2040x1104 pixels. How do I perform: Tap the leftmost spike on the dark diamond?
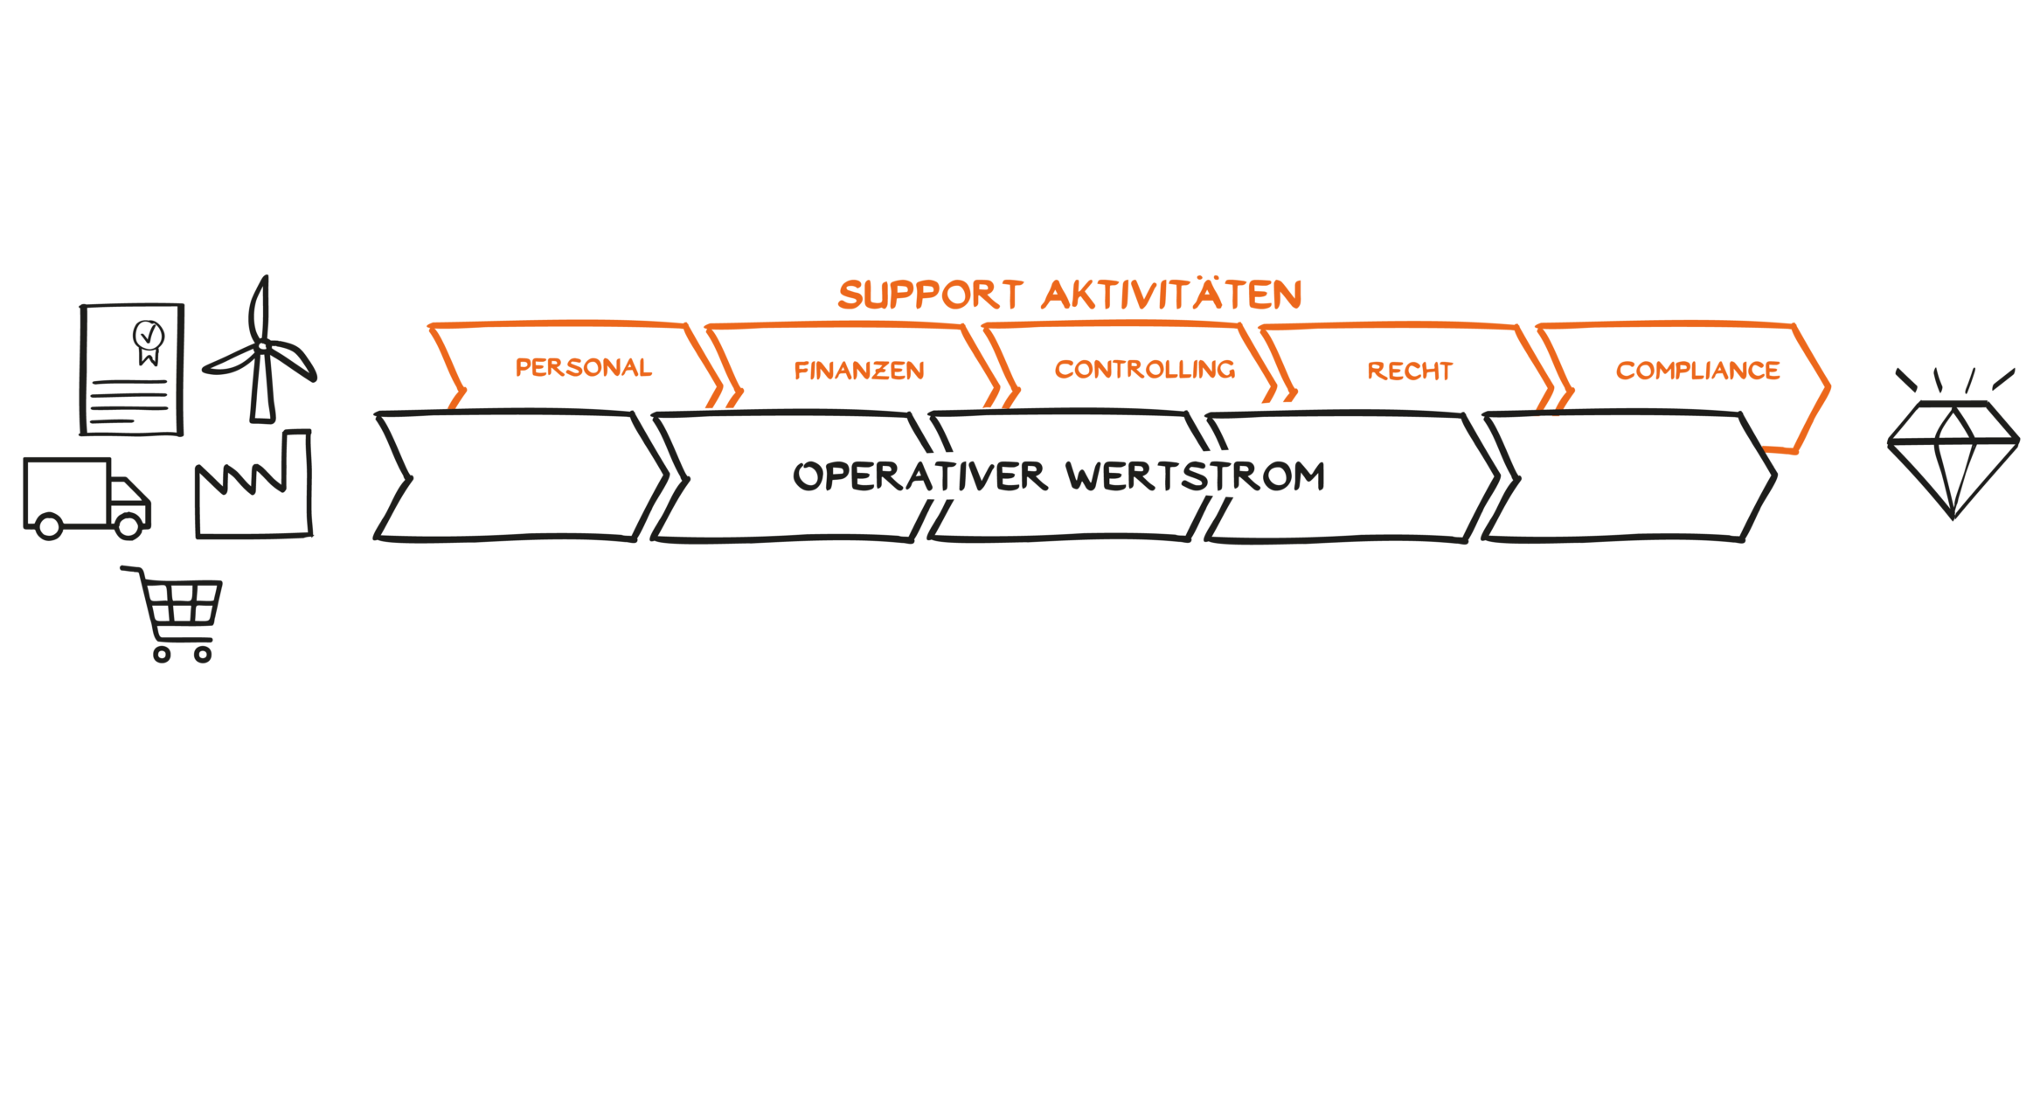(1903, 378)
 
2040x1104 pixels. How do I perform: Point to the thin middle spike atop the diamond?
(1936, 380)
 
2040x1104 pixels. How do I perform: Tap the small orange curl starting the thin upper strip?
(846, 294)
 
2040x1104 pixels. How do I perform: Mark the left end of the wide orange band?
(433, 354)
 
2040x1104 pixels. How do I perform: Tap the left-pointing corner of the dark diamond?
(1890, 444)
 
